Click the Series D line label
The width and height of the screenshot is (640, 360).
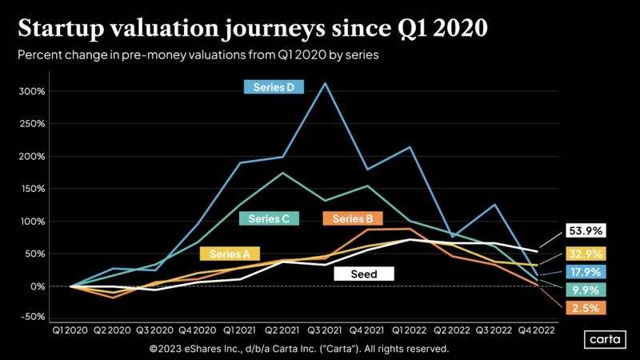(274, 87)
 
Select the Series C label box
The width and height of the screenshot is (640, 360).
(269, 218)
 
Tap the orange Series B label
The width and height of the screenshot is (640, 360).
(353, 218)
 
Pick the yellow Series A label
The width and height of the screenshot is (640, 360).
(230, 254)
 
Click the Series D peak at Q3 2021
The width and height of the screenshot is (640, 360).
(325, 82)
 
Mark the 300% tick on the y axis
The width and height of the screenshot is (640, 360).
(33, 91)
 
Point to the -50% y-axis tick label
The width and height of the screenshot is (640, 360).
(33, 317)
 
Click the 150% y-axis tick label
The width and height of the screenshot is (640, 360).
(33, 189)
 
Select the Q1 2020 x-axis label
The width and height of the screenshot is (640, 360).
(71, 330)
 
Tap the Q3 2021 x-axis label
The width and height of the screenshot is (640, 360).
(325, 330)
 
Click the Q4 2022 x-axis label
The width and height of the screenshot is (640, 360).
(535, 330)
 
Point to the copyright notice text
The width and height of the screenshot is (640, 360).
(299, 349)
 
